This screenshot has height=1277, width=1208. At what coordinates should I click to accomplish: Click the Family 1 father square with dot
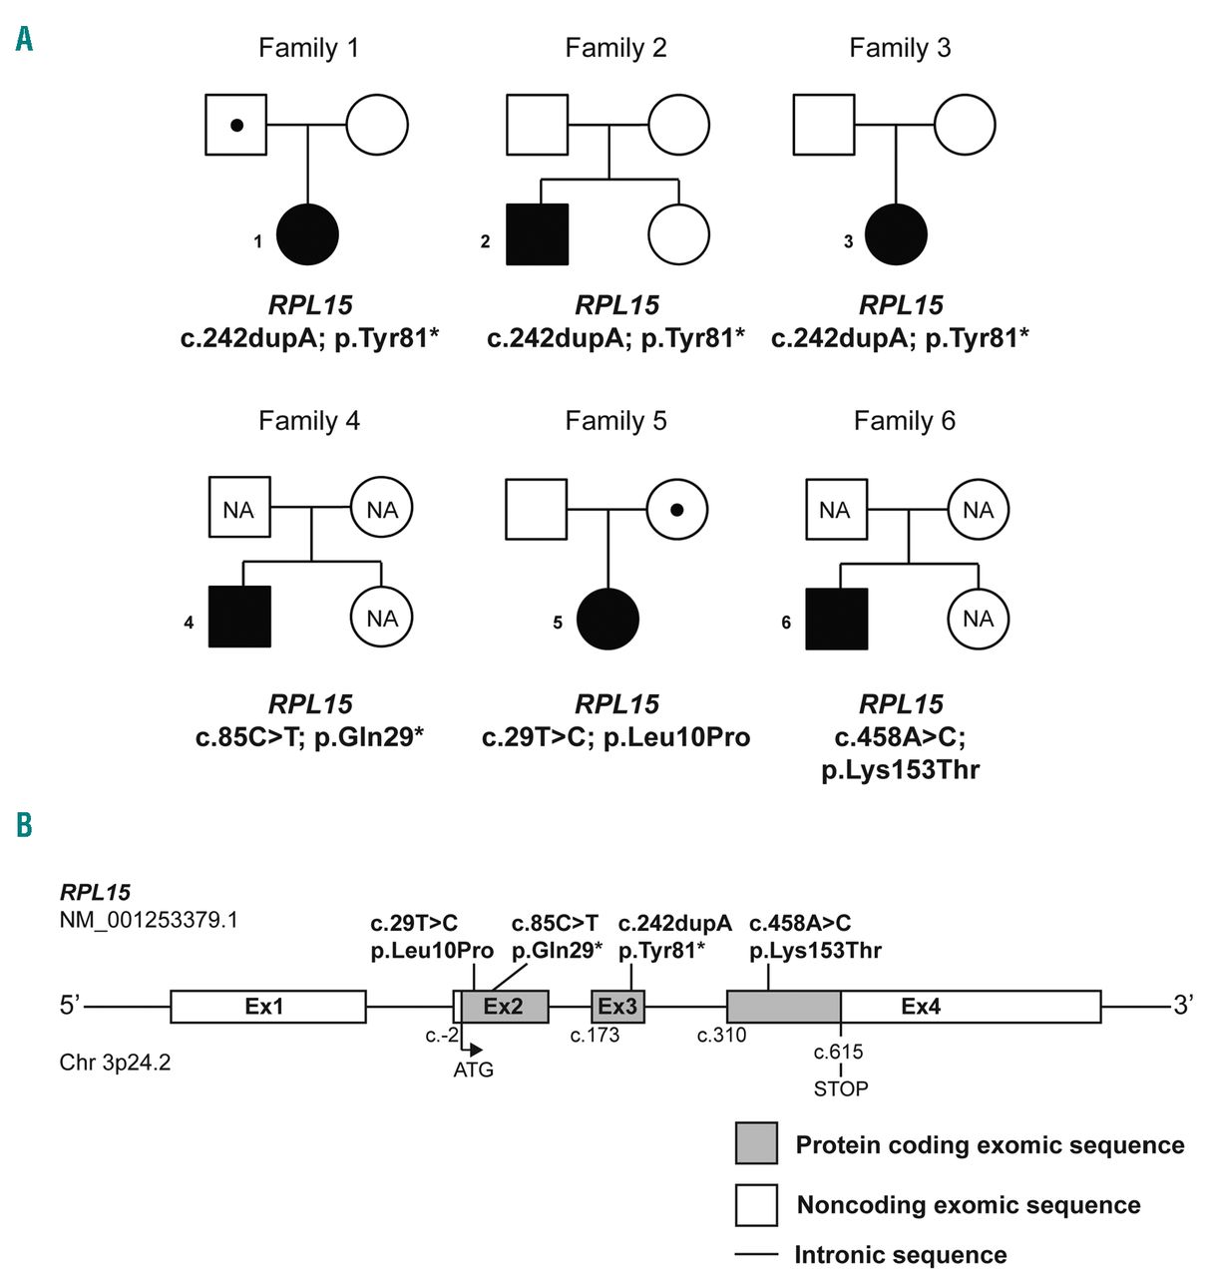point(236,126)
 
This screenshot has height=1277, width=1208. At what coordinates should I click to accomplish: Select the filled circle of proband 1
point(308,235)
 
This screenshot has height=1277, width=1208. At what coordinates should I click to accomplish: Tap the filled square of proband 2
point(538,234)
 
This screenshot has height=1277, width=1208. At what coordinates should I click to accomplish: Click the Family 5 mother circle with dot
point(677,510)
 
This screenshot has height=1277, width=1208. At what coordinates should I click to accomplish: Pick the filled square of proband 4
point(239,618)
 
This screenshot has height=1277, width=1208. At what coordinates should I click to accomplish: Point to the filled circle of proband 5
point(608,620)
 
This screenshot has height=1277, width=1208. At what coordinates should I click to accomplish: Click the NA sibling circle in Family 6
point(978,619)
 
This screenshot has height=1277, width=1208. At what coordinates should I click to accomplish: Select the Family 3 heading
point(900,48)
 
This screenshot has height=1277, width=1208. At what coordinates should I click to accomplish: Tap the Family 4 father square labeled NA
point(239,510)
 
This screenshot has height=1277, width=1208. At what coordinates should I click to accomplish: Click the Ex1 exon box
point(267,1007)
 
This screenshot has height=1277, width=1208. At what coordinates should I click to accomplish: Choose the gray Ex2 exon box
point(504,1007)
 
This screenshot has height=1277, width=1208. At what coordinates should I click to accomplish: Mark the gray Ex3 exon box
point(617,1007)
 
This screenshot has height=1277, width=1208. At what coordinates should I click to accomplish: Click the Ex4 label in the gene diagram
point(921,1007)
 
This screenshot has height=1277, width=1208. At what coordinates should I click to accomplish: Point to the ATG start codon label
point(474,1070)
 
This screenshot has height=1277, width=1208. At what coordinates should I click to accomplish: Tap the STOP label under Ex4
point(841,1088)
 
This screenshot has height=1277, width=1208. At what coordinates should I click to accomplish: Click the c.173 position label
point(595,1036)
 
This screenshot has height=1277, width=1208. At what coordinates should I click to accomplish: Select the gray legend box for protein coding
point(756,1143)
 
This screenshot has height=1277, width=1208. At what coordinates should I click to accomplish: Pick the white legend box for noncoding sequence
point(756,1204)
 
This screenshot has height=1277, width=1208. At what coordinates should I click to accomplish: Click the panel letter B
point(24,825)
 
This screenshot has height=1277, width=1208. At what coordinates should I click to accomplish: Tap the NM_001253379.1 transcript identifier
point(149,919)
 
